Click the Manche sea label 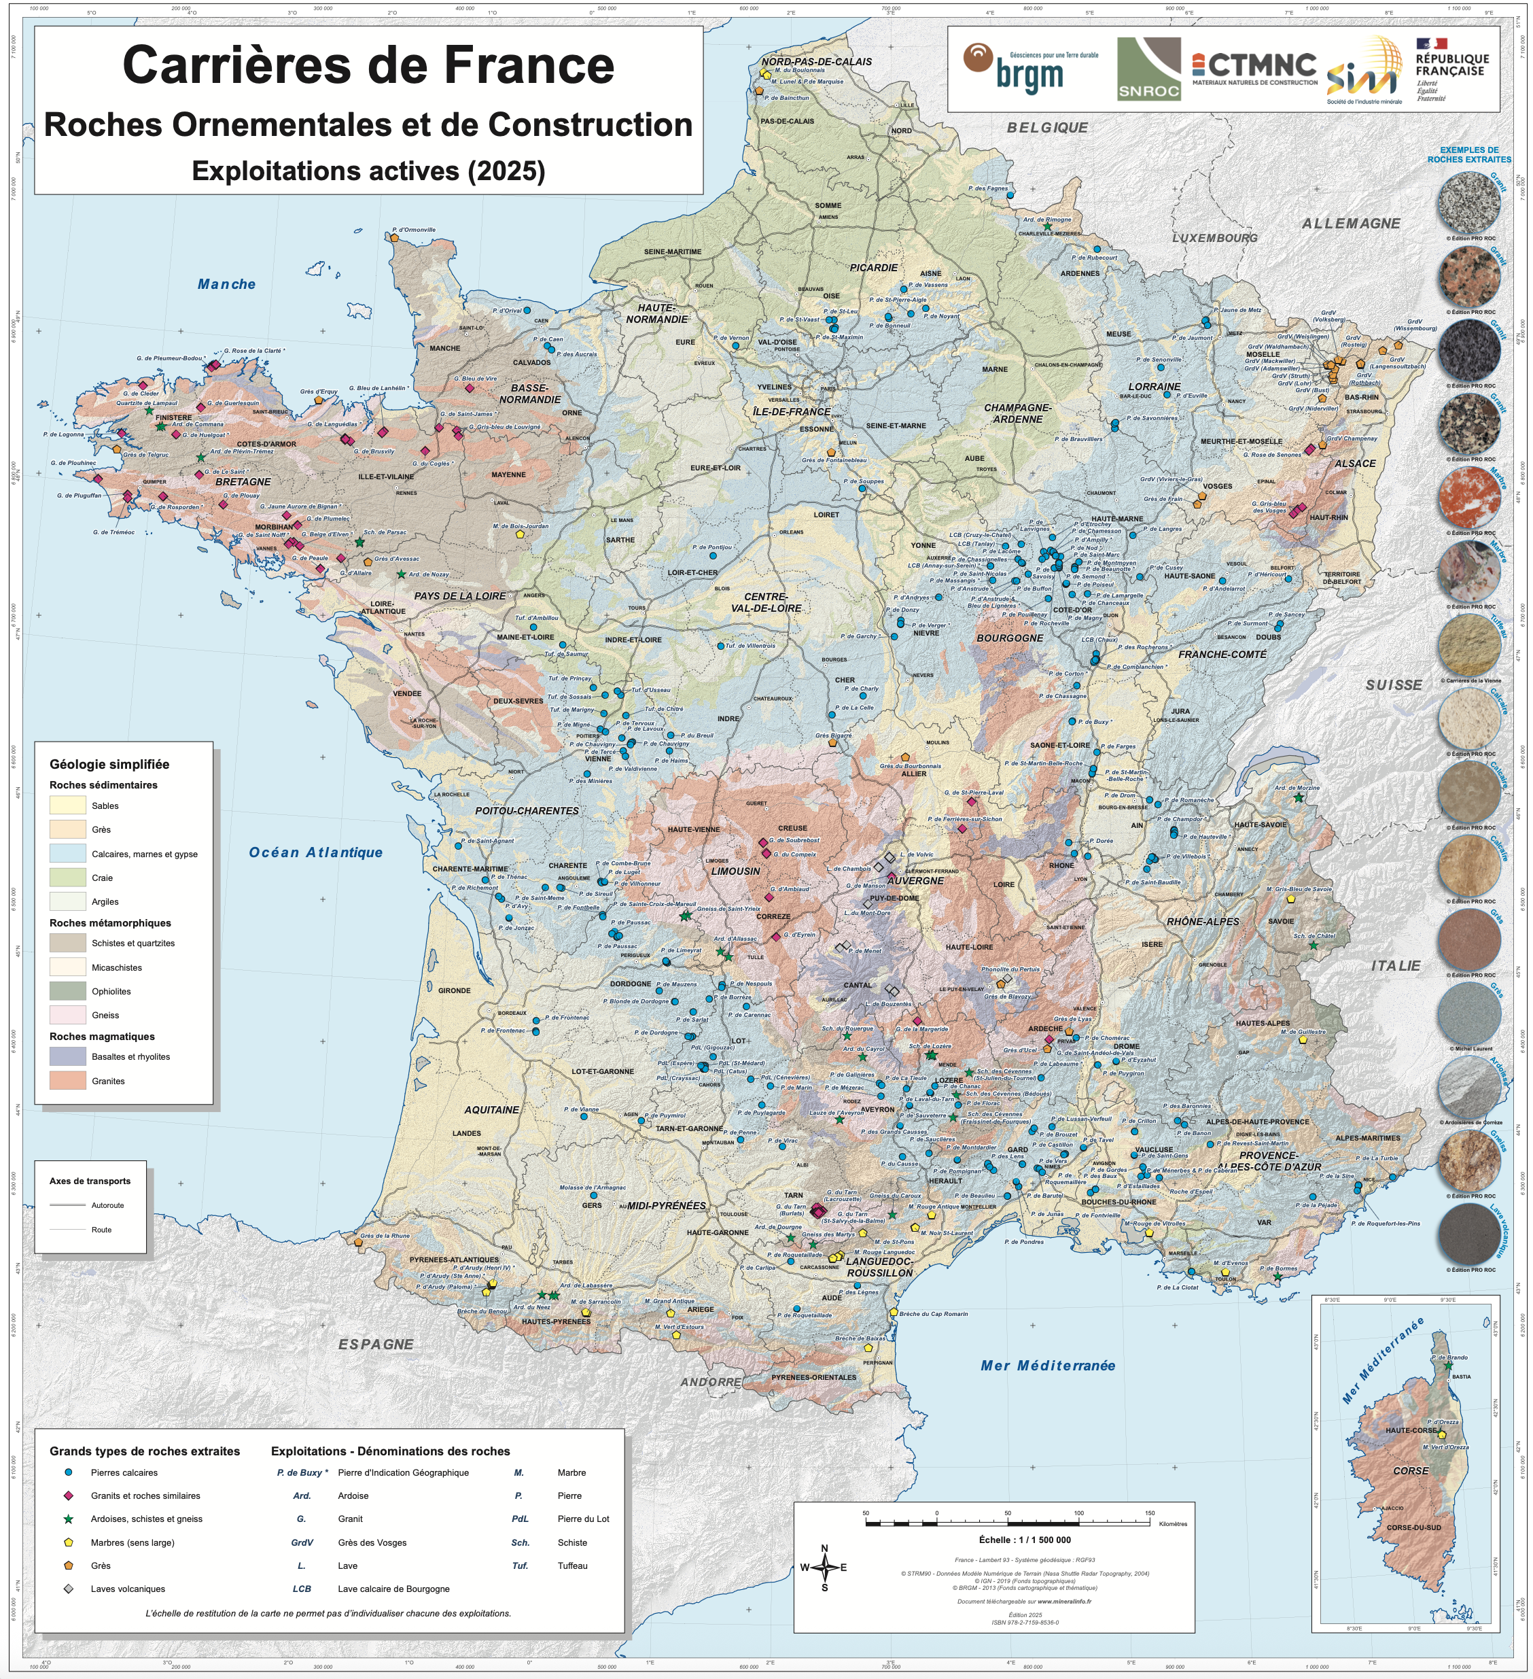(x=226, y=285)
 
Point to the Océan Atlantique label (x=315, y=852)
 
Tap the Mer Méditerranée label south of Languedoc (x=1048, y=1365)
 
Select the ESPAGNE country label (x=376, y=1344)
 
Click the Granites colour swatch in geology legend (x=67, y=1080)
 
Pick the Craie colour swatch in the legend (x=67, y=877)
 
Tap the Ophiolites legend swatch (x=67, y=991)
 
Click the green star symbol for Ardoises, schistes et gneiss (x=68, y=1519)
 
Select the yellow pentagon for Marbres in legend (x=68, y=1542)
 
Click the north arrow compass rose (x=824, y=1568)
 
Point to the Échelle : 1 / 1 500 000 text (x=1024, y=1539)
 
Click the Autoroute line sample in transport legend (x=67, y=1205)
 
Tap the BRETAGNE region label (x=243, y=482)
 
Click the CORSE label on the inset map (x=1411, y=1471)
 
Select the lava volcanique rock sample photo (x=1469, y=1235)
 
